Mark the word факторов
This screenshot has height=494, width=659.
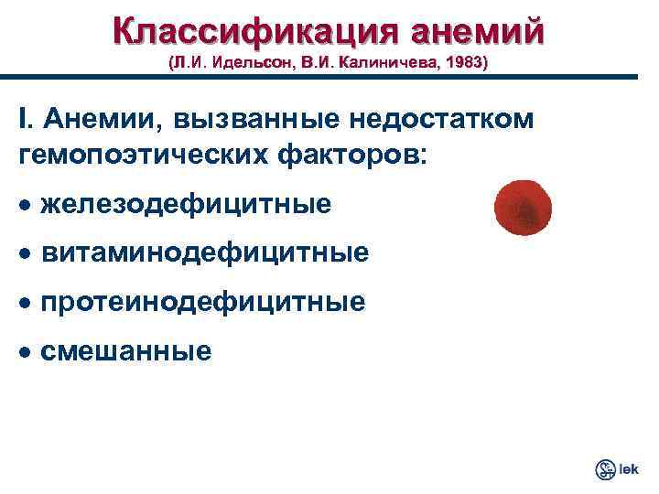click(x=348, y=153)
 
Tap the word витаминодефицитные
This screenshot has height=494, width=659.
click(x=205, y=252)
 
